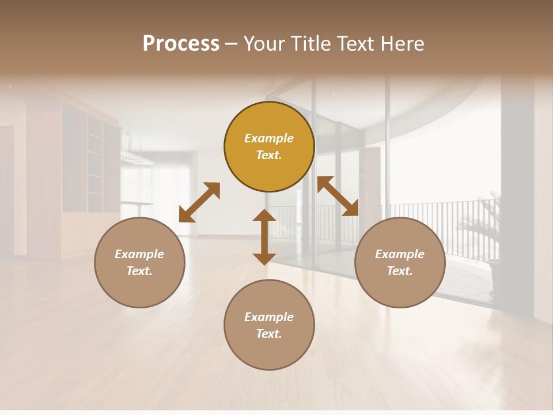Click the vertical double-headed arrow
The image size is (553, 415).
(264, 237)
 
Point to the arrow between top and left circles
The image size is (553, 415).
(199, 202)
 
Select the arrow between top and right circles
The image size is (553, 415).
(338, 196)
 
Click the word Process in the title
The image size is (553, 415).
(181, 44)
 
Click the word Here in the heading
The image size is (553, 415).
(401, 44)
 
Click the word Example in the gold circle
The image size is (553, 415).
(269, 138)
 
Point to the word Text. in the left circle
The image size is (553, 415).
(139, 271)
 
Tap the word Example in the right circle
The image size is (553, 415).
(400, 254)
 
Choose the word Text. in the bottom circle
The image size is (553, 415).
(269, 334)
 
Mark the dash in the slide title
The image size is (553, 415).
(231, 44)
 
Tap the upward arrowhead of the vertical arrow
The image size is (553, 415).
(264, 215)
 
